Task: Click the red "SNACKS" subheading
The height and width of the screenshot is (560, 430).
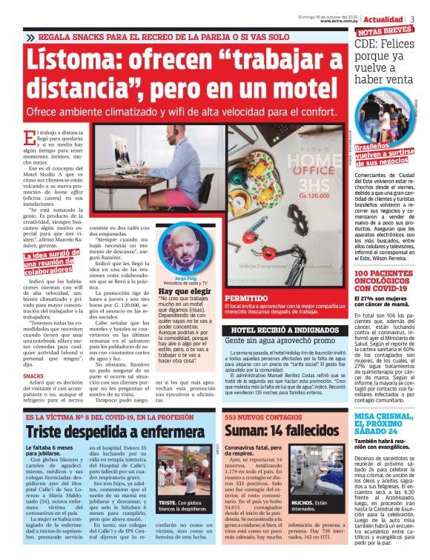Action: [x=33, y=376]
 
